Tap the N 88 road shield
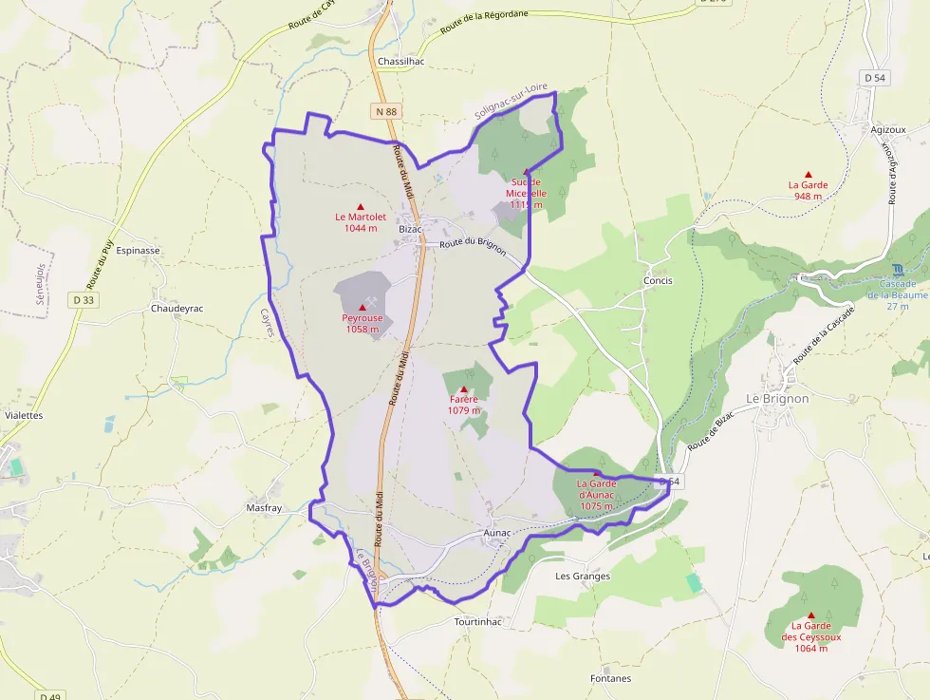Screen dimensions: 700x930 pos(386,111)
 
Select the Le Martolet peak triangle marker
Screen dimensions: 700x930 pos(360,206)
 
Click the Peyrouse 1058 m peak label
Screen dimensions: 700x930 pos(362,324)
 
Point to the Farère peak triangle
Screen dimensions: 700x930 pos(464,389)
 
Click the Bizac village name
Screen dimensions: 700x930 pos(410,229)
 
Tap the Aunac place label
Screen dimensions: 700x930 pos(497,533)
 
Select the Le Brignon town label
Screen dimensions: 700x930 pos(777,399)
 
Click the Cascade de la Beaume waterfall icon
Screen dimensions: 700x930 pos(898,270)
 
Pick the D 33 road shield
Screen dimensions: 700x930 pos(83,300)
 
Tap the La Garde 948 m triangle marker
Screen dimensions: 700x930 pos(809,174)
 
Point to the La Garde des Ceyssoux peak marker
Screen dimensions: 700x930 pos(810,615)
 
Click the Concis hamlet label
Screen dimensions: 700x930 pos(658,281)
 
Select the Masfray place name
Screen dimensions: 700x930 pos(264,508)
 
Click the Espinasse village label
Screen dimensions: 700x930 pos(138,251)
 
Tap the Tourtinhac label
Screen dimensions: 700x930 pos(477,621)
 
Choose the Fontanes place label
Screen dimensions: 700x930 pos(610,678)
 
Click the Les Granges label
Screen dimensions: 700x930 pos(583,576)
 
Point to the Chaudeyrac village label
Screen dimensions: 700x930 pos(177,309)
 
